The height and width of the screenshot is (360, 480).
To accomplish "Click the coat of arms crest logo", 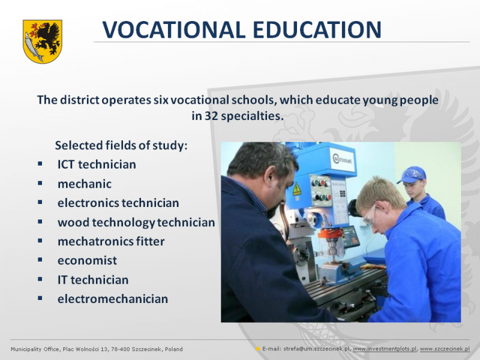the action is [x=43, y=41].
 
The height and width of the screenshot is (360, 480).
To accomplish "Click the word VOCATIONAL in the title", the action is [x=173, y=29].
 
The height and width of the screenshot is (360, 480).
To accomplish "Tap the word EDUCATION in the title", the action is [x=317, y=29].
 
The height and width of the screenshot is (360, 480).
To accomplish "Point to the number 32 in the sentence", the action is [x=211, y=116].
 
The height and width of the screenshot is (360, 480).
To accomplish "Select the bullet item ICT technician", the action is [x=97, y=164].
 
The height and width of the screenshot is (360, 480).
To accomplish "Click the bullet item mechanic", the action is [x=85, y=184].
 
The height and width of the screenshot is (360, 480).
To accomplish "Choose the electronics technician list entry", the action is [x=118, y=203].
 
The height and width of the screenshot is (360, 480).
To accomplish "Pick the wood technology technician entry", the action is [x=136, y=223].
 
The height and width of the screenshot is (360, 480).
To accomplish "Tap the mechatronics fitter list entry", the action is [x=111, y=242].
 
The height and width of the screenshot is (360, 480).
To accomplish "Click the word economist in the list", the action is [x=87, y=260].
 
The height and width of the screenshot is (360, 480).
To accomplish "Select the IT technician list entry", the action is [x=93, y=280].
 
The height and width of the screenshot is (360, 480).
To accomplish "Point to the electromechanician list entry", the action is [x=113, y=299].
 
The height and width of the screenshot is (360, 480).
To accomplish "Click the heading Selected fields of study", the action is [x=121, y=145].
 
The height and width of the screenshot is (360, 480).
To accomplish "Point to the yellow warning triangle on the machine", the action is [x=296, y=189].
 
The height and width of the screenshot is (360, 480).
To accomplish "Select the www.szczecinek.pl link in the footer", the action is [x=445, y=349].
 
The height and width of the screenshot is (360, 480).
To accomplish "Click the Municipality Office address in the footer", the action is [x=97, y=349].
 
